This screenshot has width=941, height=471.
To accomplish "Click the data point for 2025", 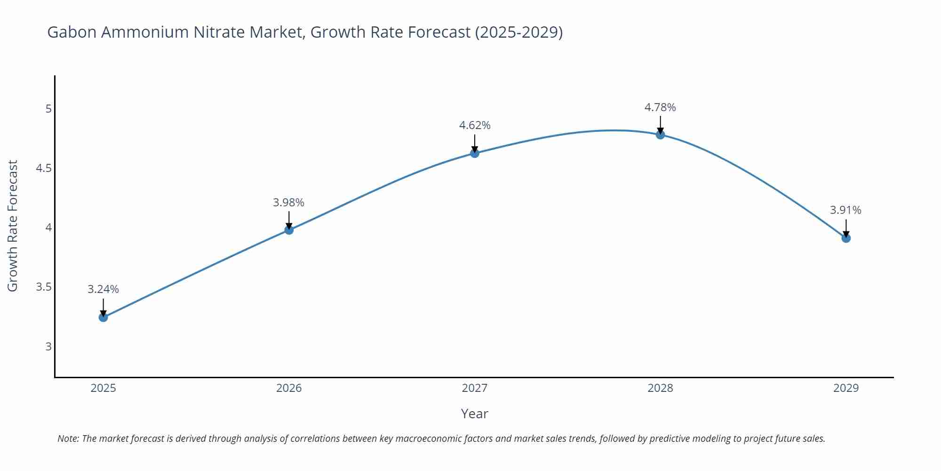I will (103, 317).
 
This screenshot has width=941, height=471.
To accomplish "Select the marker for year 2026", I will (289, 230).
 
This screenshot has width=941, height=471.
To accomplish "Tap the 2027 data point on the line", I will (474, 153).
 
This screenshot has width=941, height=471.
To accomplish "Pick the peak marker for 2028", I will (660, 135).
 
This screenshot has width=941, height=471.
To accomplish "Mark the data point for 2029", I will (846, 238).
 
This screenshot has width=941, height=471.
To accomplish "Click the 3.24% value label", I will (103, 289).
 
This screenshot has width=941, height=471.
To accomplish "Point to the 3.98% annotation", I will (288, 203).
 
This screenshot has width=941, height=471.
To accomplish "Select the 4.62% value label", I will (474, 125).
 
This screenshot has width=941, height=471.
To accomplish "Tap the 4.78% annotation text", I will (660, 107).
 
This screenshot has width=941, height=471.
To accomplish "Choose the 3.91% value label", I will (845, 210).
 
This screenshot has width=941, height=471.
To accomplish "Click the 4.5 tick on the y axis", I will (44, 168).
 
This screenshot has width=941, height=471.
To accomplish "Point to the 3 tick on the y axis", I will (48, 347).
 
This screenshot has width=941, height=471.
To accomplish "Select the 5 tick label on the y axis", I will (48, 109).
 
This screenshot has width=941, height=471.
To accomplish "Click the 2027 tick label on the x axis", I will (474, 388).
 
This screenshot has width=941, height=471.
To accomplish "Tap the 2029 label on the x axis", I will (845, 388).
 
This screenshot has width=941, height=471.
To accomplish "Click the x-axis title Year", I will (474, 414).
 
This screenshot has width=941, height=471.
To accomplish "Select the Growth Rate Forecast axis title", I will (13, 226).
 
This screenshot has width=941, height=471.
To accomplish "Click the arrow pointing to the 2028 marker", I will (660, 124).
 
